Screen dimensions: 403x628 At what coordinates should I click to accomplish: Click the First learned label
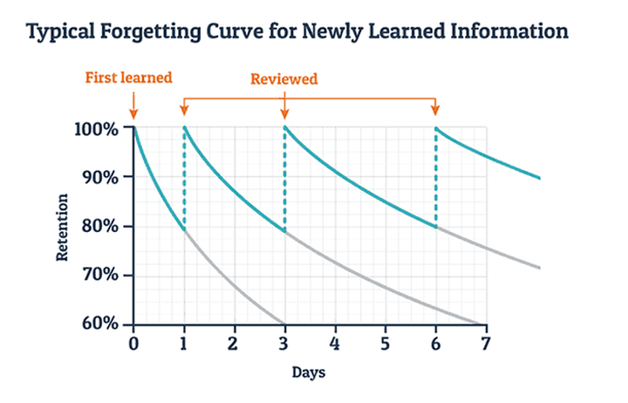click(x=128, y=77)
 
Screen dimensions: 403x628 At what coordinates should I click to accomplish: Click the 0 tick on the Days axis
click(x=133, y=343)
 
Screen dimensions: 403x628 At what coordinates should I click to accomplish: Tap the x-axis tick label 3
click(x=284, y=343)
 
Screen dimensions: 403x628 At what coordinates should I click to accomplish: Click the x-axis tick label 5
click(x=385, y=343)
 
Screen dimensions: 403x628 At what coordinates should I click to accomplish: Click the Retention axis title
click(x=62, y=228)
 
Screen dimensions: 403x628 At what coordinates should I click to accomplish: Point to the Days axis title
click(x=309, y=372)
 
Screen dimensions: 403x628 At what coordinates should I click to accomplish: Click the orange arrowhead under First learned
click(x=133, y=113)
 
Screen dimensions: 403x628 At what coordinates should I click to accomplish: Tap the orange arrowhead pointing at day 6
click(x=436, y=111)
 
